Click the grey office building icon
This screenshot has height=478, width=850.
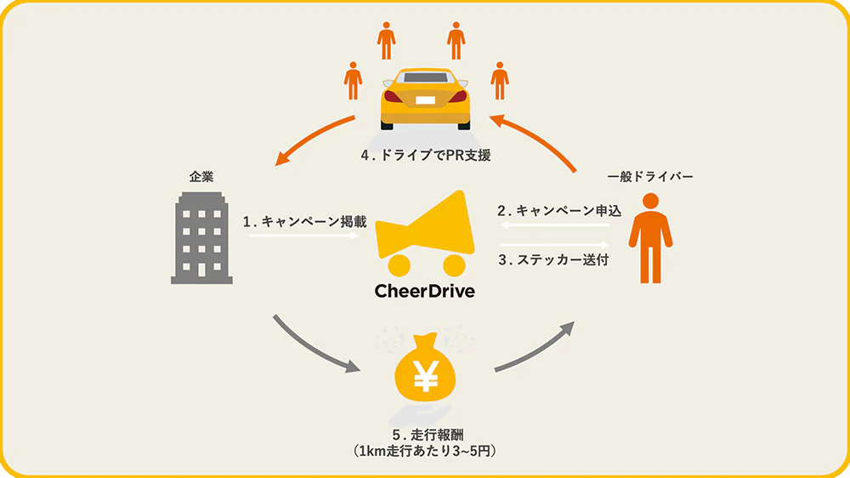202,237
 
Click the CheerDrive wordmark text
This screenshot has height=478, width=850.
424,291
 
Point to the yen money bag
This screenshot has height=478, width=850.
425,373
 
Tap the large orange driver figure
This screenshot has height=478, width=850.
649,237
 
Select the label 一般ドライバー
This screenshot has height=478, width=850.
650,176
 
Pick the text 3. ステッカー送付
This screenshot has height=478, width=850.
552,260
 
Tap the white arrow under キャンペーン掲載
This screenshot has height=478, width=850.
303,236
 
